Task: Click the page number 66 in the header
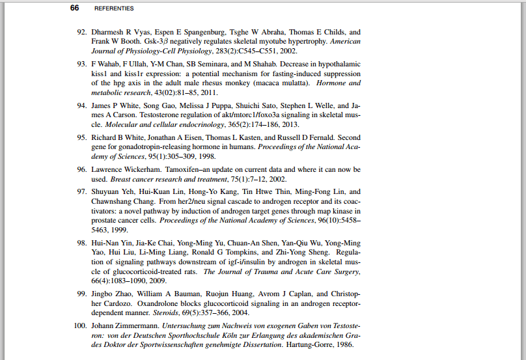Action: tap(74, 8)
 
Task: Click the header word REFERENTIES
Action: tap(114, 8)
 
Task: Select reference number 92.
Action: tap(81, 32)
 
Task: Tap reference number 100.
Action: tap(79, 324)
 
